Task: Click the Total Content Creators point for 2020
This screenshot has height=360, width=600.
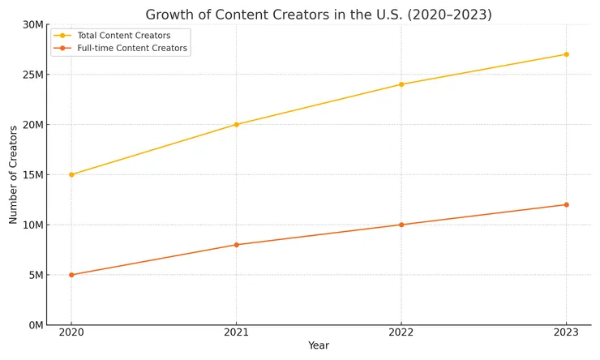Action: [x=71, y=174]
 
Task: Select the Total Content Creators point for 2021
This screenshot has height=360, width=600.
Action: [x=236, y=124]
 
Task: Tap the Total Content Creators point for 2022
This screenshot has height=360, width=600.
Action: [x=401, y=84]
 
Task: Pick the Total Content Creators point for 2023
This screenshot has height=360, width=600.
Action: [x=566, y=54]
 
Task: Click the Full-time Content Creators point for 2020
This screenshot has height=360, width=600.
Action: [x=71, y=275]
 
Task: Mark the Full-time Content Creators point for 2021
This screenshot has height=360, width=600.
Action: [x=236, y=245]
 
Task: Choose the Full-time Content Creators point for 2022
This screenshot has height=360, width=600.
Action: [x=401, y=225]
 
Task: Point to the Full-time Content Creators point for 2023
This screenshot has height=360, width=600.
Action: [x=566, y=204]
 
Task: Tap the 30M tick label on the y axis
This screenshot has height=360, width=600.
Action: [x=32, y=24]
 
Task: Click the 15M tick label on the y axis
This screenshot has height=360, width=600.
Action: [x=32, y=174]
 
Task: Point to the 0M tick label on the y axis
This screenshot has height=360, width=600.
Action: [x=35, y=325]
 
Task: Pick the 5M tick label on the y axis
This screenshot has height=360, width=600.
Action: [x=35, y=275]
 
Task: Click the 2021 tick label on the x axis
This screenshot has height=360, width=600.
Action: [x=236, y=332]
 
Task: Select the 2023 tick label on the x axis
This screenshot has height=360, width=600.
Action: [x=566, y=332]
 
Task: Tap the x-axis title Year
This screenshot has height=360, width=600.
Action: [x=319, y=346]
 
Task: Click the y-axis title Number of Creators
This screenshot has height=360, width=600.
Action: [x=14, y=174]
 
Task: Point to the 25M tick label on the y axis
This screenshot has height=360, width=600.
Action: [x=32, y=75]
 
